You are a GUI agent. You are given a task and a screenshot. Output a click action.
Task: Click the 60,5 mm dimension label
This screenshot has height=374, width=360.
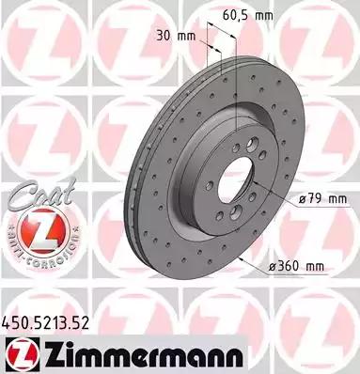(x=247, y=15)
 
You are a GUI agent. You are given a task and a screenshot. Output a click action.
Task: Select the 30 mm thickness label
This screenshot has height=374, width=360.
(x=176, y=37)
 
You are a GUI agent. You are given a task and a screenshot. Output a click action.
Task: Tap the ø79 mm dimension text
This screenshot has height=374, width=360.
(x=322, y=199)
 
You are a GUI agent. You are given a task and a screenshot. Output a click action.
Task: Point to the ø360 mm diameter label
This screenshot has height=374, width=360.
(x=297, y=266)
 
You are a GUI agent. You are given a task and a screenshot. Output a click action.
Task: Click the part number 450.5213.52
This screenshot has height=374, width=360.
(x=46, y=322)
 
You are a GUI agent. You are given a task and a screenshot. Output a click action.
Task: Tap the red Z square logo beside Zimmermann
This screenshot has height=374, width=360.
(x=23, y=354)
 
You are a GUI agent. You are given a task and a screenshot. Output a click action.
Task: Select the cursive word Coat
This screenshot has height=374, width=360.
(x=41, y=194)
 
